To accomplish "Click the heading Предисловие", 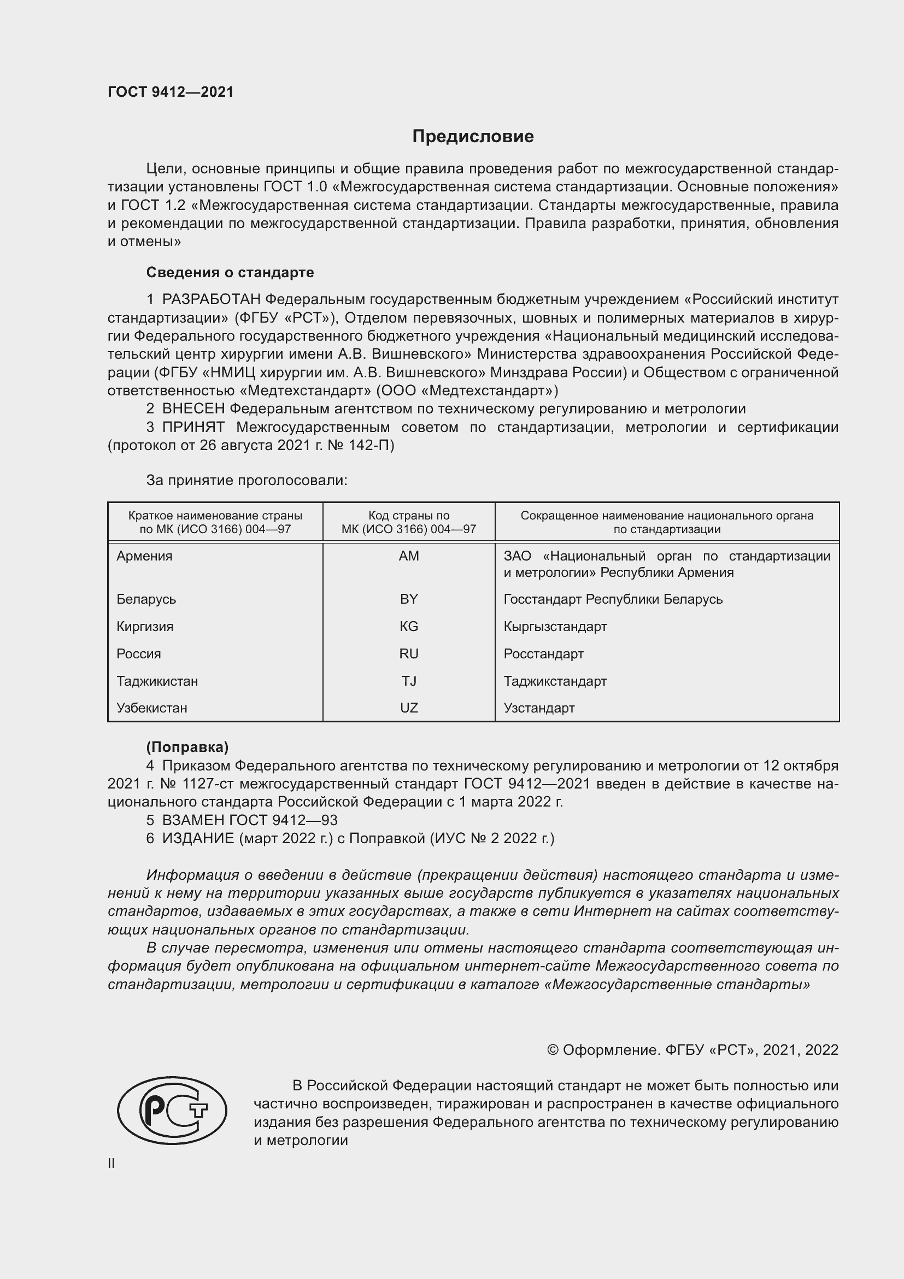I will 473,137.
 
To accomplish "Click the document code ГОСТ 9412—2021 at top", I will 171,92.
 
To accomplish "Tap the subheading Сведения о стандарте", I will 230,272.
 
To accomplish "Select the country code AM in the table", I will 409,556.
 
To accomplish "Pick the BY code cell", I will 409,599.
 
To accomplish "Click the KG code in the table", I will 409,627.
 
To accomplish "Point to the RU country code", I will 409,654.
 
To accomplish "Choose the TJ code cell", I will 409,681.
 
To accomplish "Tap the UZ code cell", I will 409,708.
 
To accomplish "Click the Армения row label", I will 145,556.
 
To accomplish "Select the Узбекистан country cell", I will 152,708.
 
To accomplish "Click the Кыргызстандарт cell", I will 555,627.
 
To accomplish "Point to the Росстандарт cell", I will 543,654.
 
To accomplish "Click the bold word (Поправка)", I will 187,747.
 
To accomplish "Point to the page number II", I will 111,1163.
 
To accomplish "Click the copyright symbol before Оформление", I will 552,1050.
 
